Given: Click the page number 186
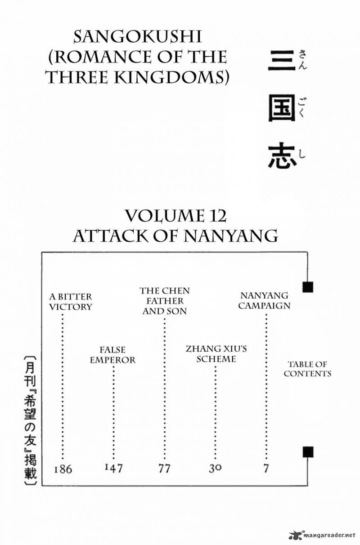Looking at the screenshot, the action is click(63, 469).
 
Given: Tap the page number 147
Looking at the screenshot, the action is click(114, 468).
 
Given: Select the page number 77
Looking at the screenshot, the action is click(164, 469).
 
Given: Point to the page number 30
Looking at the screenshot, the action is click(215, 469).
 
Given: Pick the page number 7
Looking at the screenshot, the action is click(266, 469).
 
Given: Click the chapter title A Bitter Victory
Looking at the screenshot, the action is click(71, 302).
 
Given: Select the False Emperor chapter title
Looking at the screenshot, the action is click(112, 355).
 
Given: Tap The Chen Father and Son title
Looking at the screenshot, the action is click(165, 301).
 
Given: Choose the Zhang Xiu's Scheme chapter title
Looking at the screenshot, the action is click(216, 354).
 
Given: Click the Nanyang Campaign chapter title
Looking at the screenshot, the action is click(264, 300).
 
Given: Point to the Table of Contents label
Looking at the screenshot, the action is click(307, 369).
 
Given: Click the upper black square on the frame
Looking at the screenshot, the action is click(308, 287).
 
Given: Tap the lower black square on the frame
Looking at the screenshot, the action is click(308, 452).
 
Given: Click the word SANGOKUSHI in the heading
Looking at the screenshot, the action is click(138, 37).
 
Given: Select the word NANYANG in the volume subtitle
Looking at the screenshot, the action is click(230, 236).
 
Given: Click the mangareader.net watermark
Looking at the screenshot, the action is click(322, 535).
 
